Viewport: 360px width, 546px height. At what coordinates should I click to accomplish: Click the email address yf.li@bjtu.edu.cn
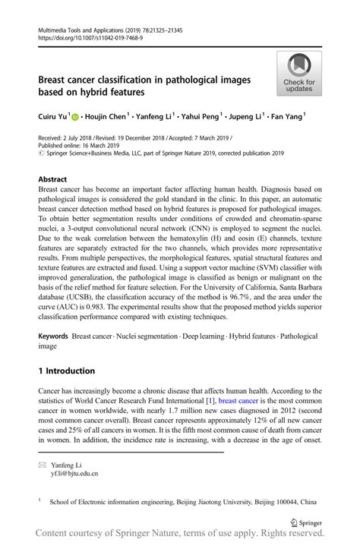tap(74, 473)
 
